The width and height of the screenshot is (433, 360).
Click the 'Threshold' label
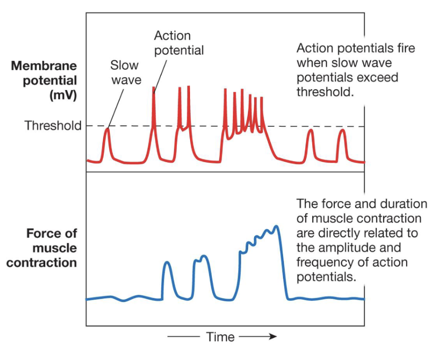click(x=53, y=126)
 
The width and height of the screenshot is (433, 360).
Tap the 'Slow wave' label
click(x=126, y=72)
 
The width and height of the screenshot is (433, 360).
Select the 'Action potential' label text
click(x=179, y=43)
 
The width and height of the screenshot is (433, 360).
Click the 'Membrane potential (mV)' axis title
click(x=44, y=80)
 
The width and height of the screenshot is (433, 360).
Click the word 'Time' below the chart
click(x=220, y=336)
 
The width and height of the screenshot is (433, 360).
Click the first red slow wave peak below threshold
click(x=107, y=130)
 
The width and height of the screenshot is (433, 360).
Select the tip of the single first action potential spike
click(x=154, y=88)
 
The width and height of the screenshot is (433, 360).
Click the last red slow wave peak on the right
click(x=342, y=131)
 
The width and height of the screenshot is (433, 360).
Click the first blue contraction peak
click(x=166, y=263)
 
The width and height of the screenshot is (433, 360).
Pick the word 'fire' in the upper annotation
click(x=406, y=48)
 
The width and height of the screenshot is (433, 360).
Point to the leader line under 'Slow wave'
click(x=117, y=106)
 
